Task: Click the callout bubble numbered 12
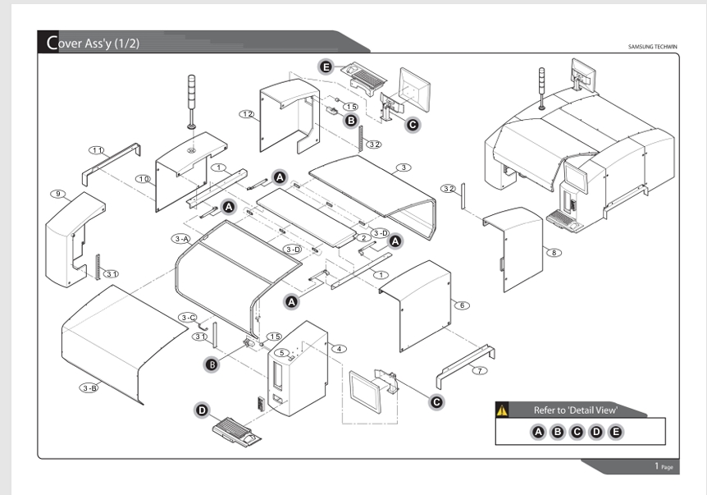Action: (247, 114)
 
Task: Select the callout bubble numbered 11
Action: (97, 149)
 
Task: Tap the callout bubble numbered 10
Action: (144, 179)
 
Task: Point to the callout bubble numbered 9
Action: (57, 194)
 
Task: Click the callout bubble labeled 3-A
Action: (182, 239)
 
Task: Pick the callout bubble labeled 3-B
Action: (89, 387)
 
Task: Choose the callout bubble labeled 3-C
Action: (188, 318)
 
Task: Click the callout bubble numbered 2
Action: (364, 238)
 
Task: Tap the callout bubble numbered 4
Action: (339, 349)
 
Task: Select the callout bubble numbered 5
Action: (282, 353)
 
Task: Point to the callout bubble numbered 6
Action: (462, 305)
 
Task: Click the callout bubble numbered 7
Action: (480, 371)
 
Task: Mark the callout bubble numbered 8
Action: (554, 253)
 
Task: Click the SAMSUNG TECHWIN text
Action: (652, 47)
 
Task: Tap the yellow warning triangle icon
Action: (502, 410)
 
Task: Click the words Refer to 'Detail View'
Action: (575, 410)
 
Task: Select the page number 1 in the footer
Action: (657, 465)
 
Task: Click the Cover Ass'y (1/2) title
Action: (93, 43)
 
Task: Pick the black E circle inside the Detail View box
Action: (615, 433)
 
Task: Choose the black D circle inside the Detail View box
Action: (596, 433)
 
